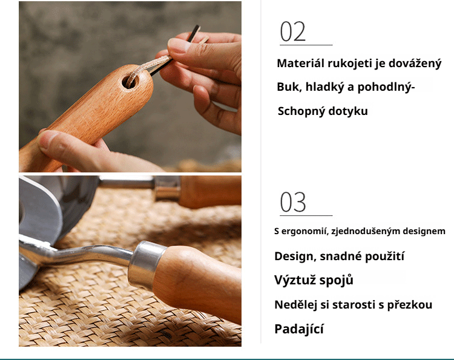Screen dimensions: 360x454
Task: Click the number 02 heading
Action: pos(293,31)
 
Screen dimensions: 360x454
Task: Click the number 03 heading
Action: pos(293,203)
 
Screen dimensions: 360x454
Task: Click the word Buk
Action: pos(288,87)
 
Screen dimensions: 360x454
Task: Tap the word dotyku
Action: pos(349,111)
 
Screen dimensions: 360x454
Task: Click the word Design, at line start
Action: pos(294,256)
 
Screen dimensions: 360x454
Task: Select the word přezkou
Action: pos(410,305)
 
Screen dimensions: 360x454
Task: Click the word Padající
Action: pos(299,329)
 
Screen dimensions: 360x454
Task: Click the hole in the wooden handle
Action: pos(130,81)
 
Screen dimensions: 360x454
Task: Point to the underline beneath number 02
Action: pos(306,45)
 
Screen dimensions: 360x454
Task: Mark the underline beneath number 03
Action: pos(306,215)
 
